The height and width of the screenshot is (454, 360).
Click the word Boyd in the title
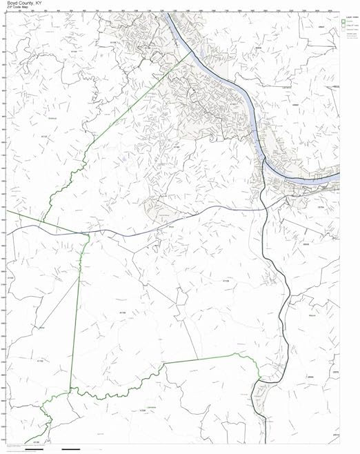[13, 3]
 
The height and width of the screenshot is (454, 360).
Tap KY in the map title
[43, 3]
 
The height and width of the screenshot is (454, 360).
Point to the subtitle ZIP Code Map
[17, 8]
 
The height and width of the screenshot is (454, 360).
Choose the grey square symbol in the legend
[344, 31]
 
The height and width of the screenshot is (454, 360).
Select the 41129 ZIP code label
[226, 281]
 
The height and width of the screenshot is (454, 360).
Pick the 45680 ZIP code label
[295, 105]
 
